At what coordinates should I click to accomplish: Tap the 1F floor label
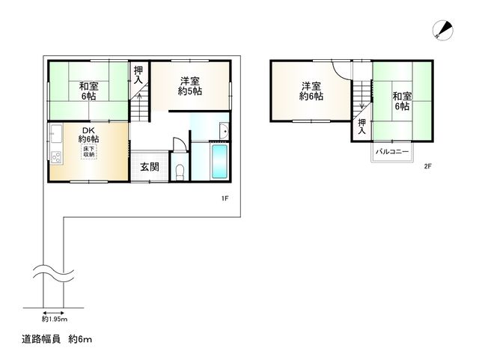pyautogui.click(x=224, y=198)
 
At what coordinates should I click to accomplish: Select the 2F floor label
pyautogui.click(x=427, y=166)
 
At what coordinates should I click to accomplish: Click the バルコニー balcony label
pyautogui.click(x=391, y=153)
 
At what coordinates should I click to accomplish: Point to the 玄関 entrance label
pyautogui.click(x=149, y=167)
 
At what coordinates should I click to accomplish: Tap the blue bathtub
pyautogui.click(x=219, y=162)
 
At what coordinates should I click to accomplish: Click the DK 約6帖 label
pyautogui.click(x=89, y=135)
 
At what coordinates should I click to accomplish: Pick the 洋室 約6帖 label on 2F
pyautogui.click(x=311, y=91)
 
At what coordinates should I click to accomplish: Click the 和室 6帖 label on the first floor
pyautogui.click(x=88, y=91)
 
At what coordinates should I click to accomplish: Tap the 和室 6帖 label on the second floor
pyautogui.click(x=402, y=101)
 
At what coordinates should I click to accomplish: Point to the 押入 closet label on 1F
pyautogui.click(x=138, y=75)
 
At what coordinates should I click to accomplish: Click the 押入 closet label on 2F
pyautogui.click(x=361, y=127)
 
